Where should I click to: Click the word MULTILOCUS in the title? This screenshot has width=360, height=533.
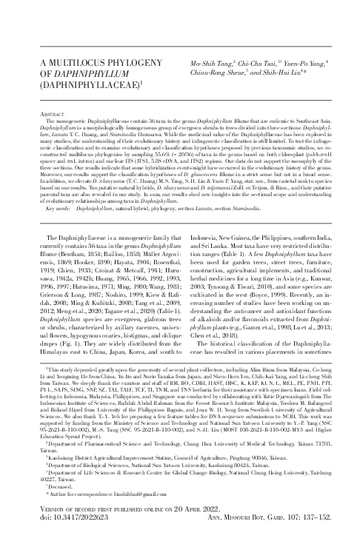pyautogui.click(x=66, y=64)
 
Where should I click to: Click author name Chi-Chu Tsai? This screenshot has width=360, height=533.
pyautogui.click(x=260, y=65)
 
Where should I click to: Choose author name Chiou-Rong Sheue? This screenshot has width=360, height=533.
pyautogui.click(x=227, y=74)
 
